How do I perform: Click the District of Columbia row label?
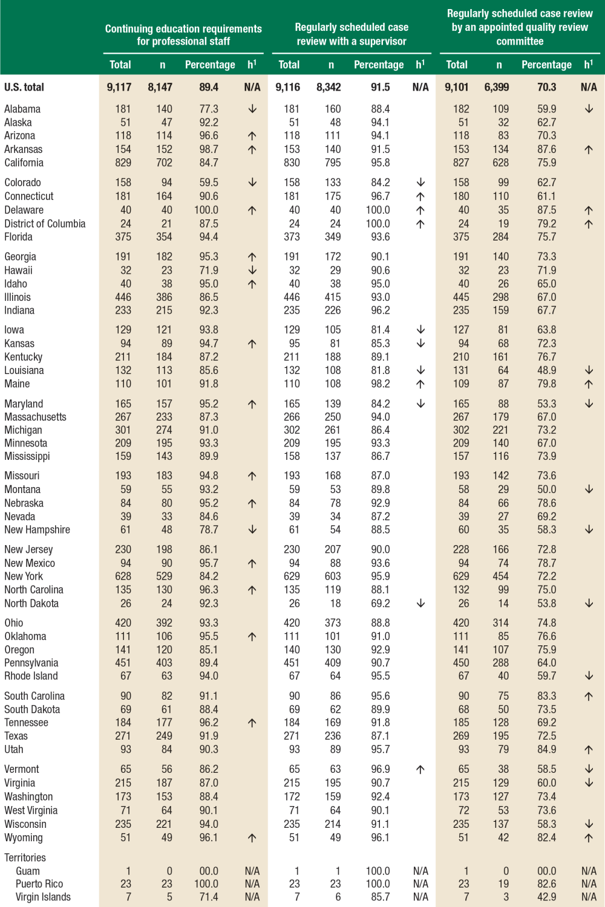click(45, 224)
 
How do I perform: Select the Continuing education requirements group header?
click(183, 35)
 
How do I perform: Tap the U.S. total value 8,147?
click(160, 87)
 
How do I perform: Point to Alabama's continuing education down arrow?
click(252, 109)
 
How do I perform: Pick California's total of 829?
click(123, 163)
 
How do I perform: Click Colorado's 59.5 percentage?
click(209, 182)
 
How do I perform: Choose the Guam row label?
click(28, 871)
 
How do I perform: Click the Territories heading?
click(25, 857)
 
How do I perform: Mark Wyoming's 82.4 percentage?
click(546, 838)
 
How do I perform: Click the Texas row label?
click(16, 736)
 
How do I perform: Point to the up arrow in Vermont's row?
click(420, 769)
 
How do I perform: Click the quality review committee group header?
click(520, 27)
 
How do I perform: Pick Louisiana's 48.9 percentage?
click(546, 370)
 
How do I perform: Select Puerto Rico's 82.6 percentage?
click(546, 883)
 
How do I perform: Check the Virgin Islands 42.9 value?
click(546, 897)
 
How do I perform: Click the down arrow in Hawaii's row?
click(252, 270)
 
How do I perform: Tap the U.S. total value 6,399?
click(496, 87)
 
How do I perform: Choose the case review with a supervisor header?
click(352, 34)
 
